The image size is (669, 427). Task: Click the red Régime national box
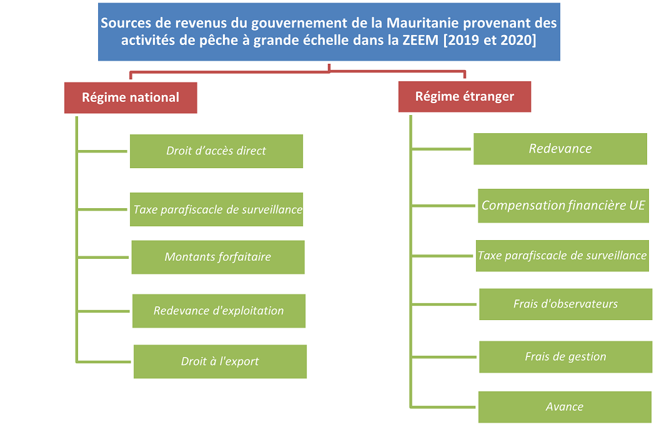131,98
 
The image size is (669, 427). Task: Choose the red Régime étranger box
465,97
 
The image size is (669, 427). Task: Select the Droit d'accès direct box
216,151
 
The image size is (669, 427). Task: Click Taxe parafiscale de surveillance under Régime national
216,209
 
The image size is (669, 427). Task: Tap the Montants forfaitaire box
218,257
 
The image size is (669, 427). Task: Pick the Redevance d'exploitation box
219,311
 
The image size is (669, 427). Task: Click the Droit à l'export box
220,362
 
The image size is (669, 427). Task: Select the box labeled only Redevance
560,149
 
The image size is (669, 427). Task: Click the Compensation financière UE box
563,206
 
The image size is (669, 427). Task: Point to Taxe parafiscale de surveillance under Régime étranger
562,256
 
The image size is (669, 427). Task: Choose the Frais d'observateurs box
566,304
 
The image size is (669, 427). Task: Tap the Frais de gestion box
566,357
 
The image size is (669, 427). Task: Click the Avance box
565,407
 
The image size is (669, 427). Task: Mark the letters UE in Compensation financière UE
637,206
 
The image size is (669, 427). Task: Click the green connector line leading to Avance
443,407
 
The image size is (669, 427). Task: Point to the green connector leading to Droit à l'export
104,362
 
